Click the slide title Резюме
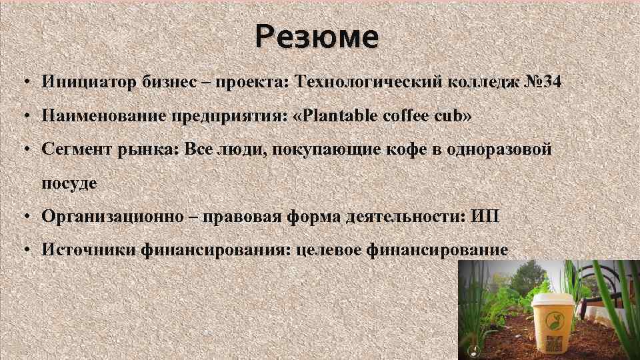click(317, 37)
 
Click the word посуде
click(69, 183)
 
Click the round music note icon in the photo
click(472, 351)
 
